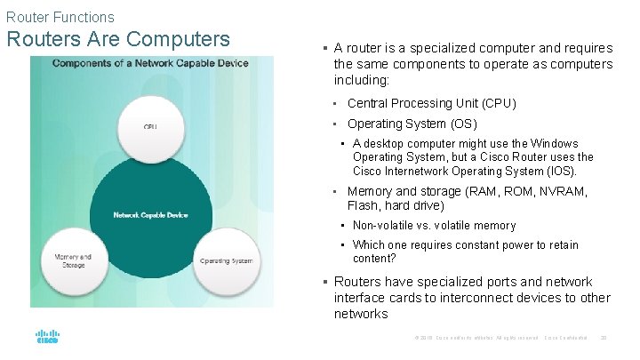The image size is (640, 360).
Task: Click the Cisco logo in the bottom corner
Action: tap(47, 338)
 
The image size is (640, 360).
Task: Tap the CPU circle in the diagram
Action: tap(150, 127)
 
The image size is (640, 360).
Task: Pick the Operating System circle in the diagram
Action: tap(227, 260)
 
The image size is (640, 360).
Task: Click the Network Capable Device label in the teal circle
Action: tap(150, 215)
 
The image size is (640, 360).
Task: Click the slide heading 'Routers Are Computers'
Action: tap(118, 40)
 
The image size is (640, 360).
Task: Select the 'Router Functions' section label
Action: tap(60, 16)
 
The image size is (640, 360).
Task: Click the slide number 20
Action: tap(604, 338)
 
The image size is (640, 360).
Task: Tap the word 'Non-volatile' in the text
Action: tap(384, 226)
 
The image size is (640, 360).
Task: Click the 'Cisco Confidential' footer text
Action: tap(567, 338)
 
